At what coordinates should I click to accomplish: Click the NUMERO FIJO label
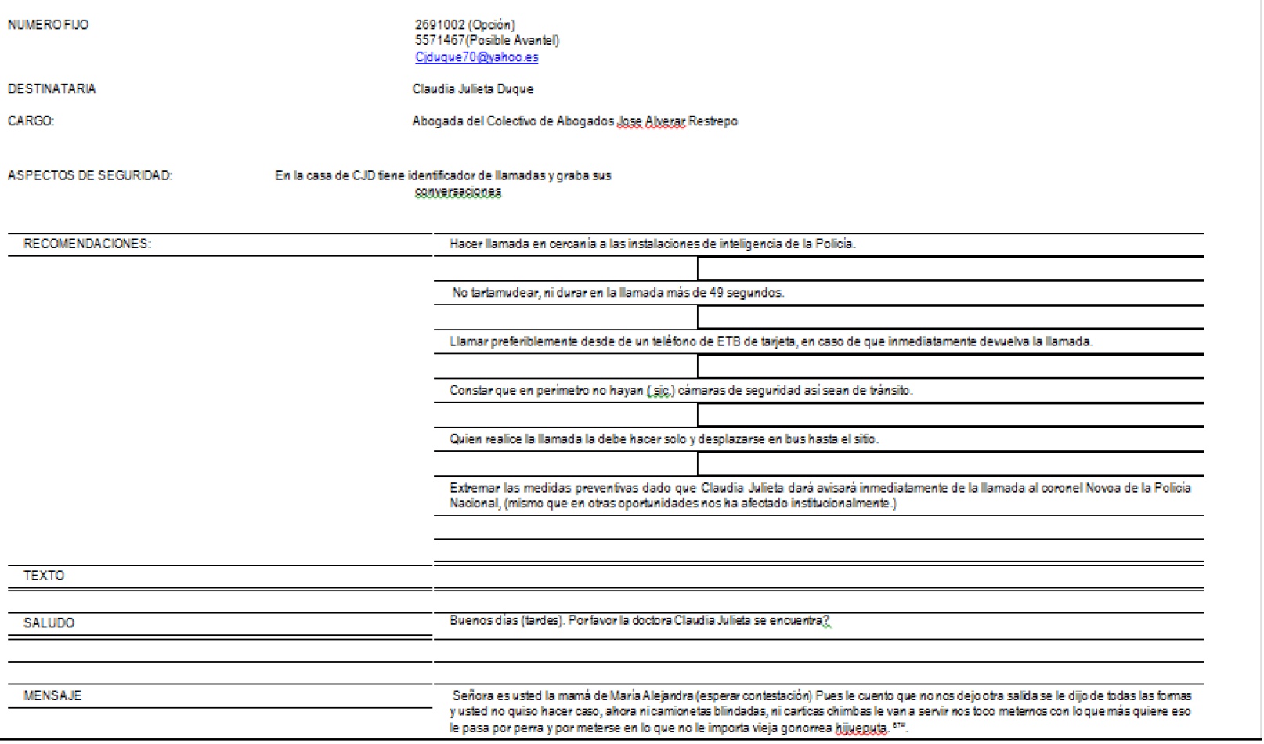[48, 25]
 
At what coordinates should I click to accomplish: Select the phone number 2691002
[439, 25]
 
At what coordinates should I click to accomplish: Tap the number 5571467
[439, 40]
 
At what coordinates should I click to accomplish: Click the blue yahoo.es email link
[476, 57]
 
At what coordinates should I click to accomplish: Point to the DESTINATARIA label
[52, 89]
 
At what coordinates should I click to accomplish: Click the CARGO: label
[31, 121]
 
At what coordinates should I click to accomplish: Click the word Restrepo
[713, 121]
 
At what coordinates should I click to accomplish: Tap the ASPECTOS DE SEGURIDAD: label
[90, 175]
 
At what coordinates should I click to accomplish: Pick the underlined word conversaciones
[458, 192]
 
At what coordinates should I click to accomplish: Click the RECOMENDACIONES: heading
[87, 244]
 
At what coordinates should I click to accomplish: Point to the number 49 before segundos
[716, 293]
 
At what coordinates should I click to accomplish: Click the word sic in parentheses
[662, 390]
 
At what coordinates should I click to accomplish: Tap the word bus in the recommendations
[795, 439]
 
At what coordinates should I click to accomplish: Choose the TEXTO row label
[44, 576]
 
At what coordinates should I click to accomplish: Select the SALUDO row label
[49, 623]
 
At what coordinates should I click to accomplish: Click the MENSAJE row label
[52, 695]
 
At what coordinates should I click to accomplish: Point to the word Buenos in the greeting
[467, 621]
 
